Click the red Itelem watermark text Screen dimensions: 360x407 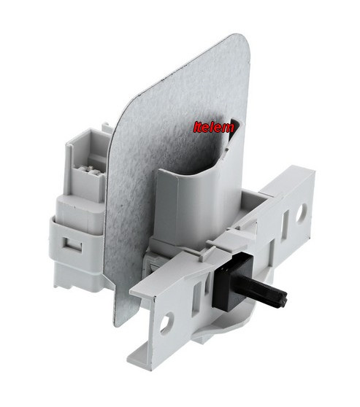tap(214, 127)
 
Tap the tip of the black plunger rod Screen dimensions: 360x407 tap(286, 298)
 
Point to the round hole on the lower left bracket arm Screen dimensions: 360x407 tap(166, 322)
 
